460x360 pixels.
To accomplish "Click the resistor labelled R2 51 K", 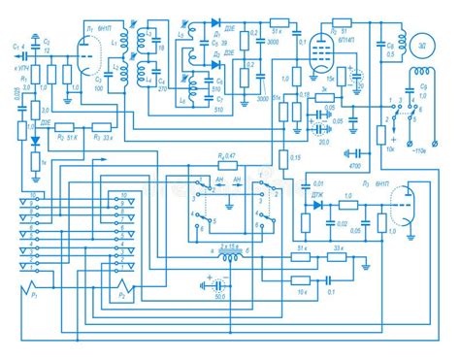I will click(65, 127).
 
